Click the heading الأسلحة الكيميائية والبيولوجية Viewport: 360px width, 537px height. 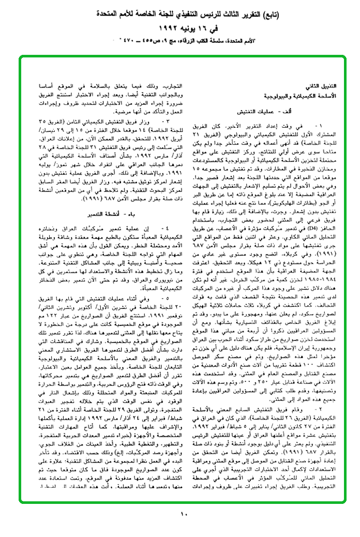coord(304,96)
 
